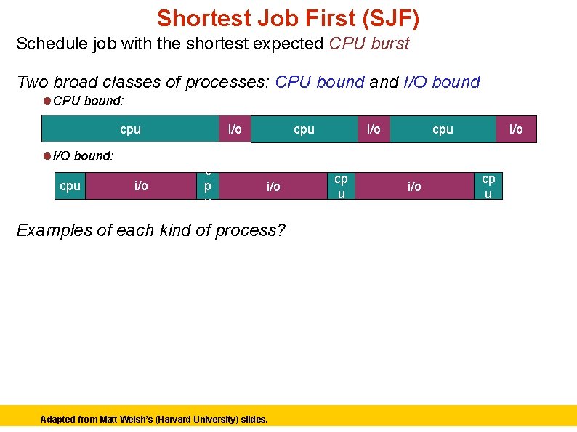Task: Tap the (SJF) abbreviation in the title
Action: (x=384, y=17)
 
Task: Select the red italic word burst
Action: (x=390, y=44)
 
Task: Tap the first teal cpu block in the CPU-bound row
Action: (x=130, y=129)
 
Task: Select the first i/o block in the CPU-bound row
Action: (x=235, y=129)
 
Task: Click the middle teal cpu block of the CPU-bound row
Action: (x=304, y=129)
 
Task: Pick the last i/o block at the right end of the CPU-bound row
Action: (x=516, y=129)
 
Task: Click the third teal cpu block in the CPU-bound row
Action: (x=443, y=129)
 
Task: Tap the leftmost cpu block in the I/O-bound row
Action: (x=70, y=186)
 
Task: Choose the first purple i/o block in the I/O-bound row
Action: (x=141, y=186)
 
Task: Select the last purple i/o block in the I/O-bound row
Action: (x=414, y=186)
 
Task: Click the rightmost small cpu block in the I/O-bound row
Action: (x=488, y=186)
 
